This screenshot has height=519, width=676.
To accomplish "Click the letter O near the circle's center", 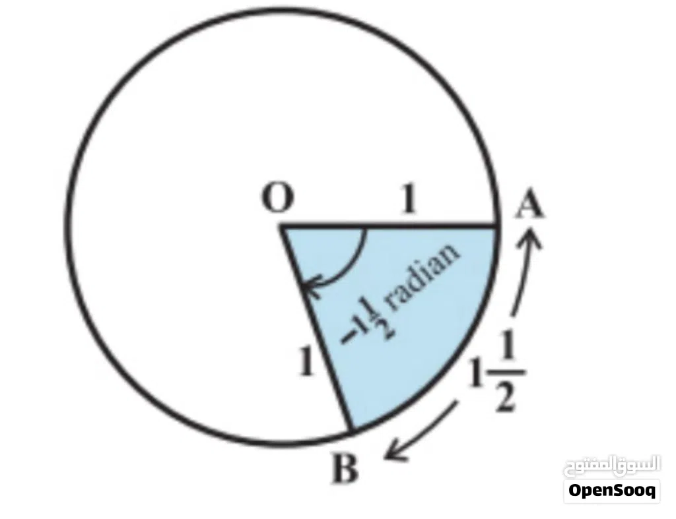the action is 279,197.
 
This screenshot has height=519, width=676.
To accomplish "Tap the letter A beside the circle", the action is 530,205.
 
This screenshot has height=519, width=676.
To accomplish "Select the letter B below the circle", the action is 345,469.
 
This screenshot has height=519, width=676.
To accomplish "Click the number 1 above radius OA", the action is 409,198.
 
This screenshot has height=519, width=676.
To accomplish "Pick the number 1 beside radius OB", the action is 306,361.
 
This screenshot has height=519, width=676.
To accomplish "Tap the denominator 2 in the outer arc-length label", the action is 505,397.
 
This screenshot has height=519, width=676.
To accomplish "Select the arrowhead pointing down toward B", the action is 395,452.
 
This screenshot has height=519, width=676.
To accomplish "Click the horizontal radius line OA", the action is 389,226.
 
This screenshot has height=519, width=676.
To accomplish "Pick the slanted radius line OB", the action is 317,328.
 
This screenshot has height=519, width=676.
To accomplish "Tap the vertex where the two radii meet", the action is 282,226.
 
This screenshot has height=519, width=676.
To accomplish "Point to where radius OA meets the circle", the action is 497,226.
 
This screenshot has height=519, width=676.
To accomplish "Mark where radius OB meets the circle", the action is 352,431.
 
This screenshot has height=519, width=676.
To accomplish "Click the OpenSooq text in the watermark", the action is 612,490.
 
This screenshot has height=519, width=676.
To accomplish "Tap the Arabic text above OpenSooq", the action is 612,465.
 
